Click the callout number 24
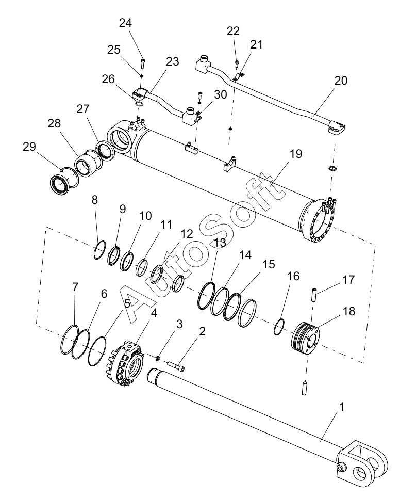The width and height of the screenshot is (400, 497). coord(125,23)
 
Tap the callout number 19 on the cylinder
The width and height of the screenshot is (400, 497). coord(296,154)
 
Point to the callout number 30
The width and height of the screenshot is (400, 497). coord(220,94)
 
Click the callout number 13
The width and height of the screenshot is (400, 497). coord(220,243)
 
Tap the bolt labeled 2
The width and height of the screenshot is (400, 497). coord(176,366)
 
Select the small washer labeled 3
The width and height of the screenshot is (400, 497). coord(157,358)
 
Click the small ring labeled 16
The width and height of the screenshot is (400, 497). coord(279,327)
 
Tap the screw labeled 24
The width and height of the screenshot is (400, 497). coord(143,63)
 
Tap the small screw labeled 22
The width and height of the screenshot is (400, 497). coord(237,63)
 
